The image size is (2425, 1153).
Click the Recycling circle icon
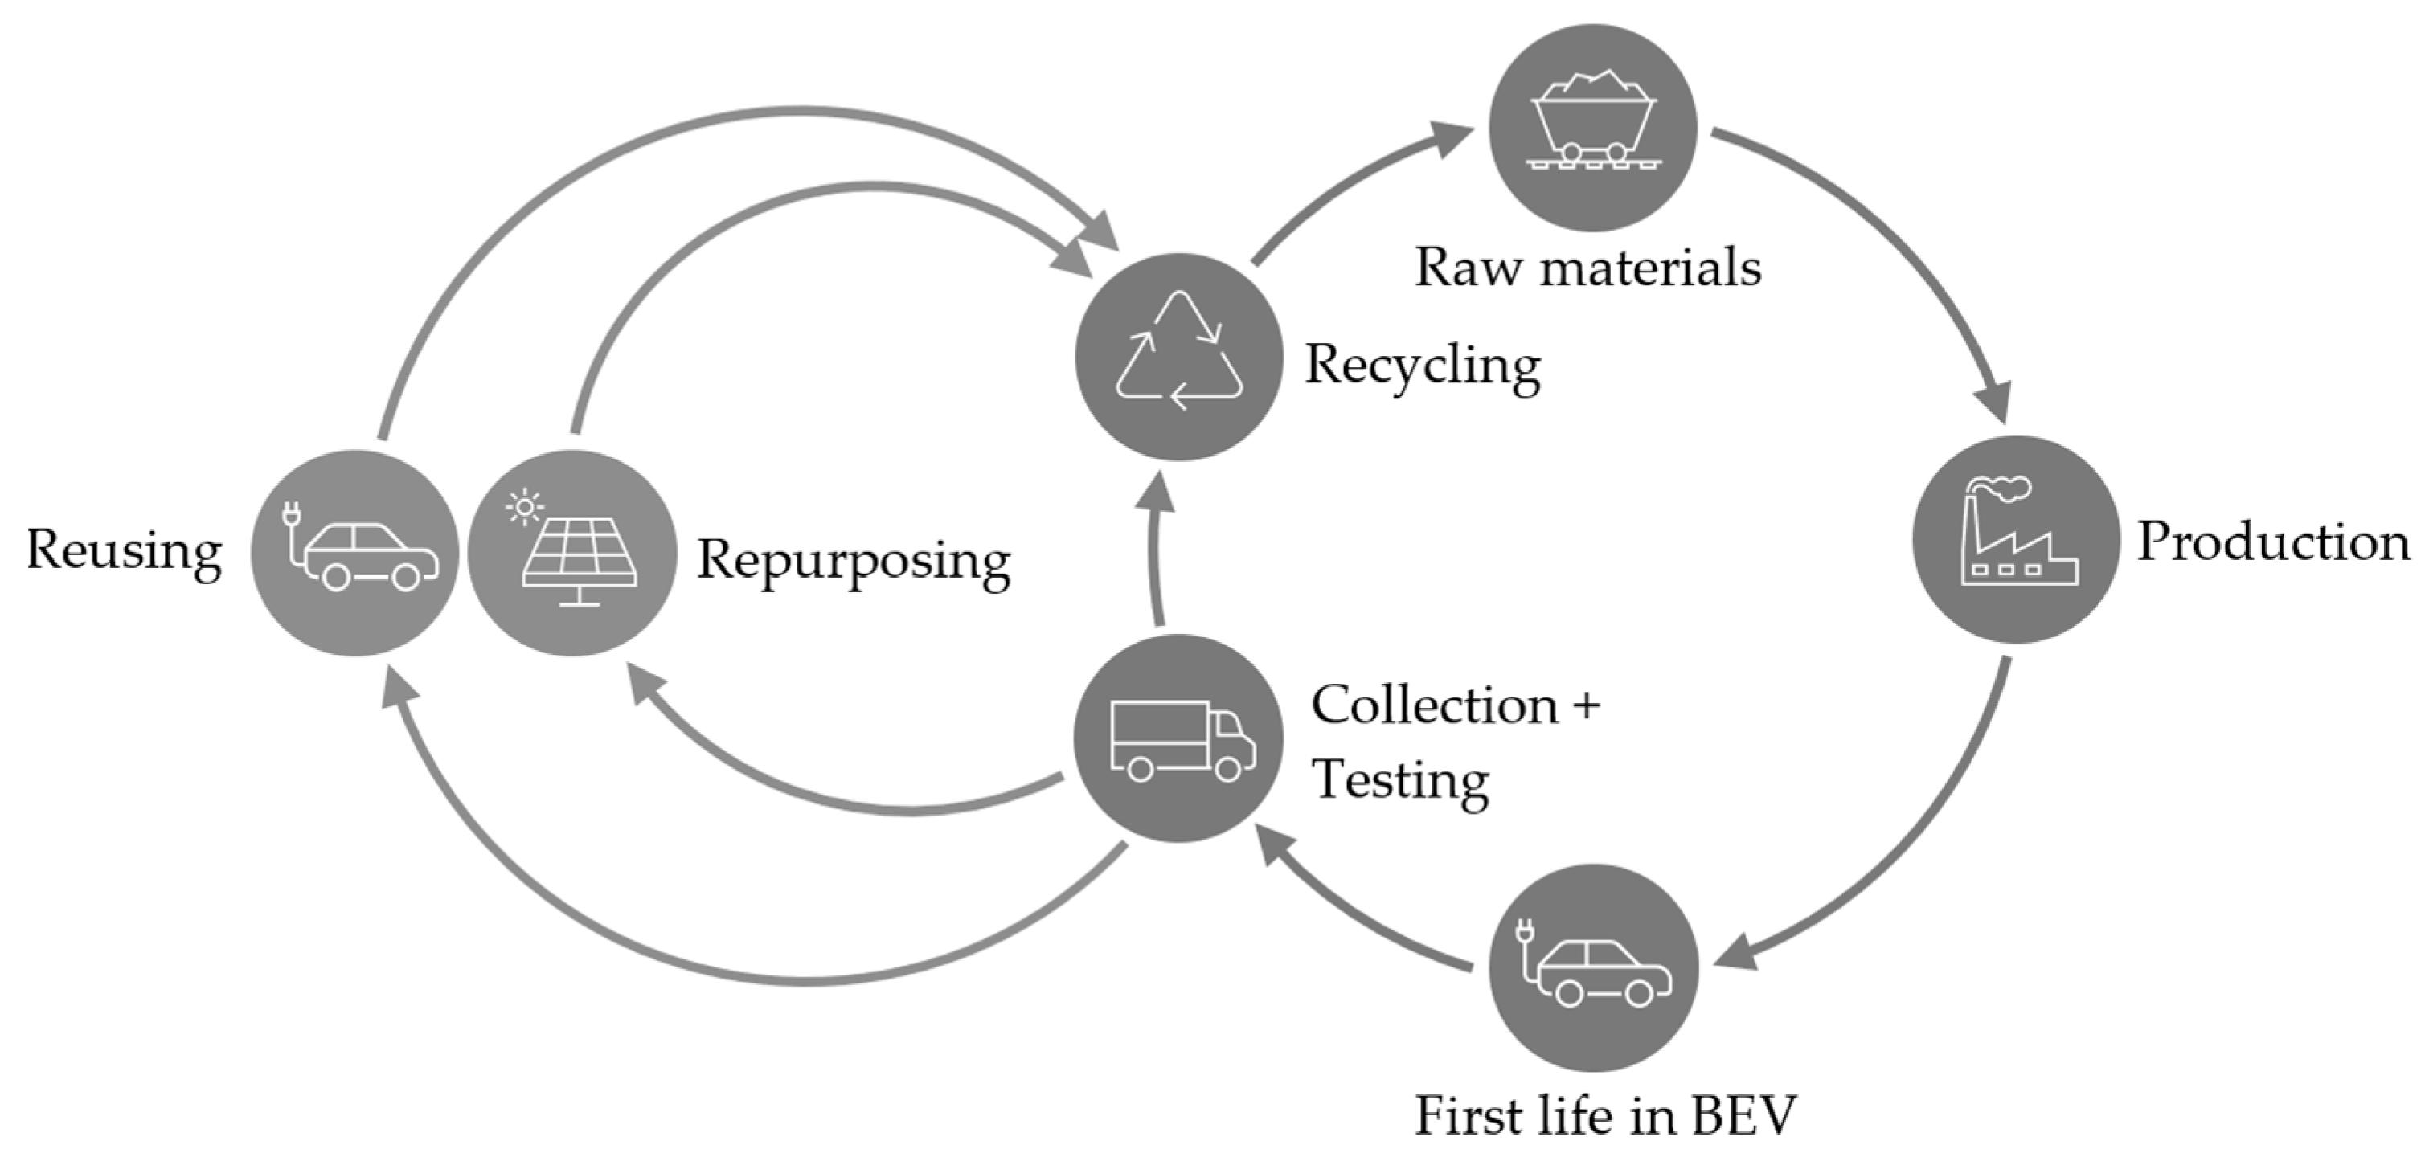tap(1178, 357)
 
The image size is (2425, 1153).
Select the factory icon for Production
tap(2017, 539)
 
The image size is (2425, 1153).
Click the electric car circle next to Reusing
tap(355, 553)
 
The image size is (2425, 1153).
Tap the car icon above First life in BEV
tap(1593, 967)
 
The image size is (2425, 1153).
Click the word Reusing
tap(125, 550)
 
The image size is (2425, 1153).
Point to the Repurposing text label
tap(853, 562)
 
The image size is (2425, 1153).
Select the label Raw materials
tap(1587, 268)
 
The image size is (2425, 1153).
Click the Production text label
tap(2272, 543)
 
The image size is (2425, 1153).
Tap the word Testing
tap(1400, 781)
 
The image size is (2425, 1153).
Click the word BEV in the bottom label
tap(1743, 1117)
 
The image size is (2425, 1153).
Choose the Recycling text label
tap(1422, 367)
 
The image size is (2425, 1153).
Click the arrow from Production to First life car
tap(1911, 847)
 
